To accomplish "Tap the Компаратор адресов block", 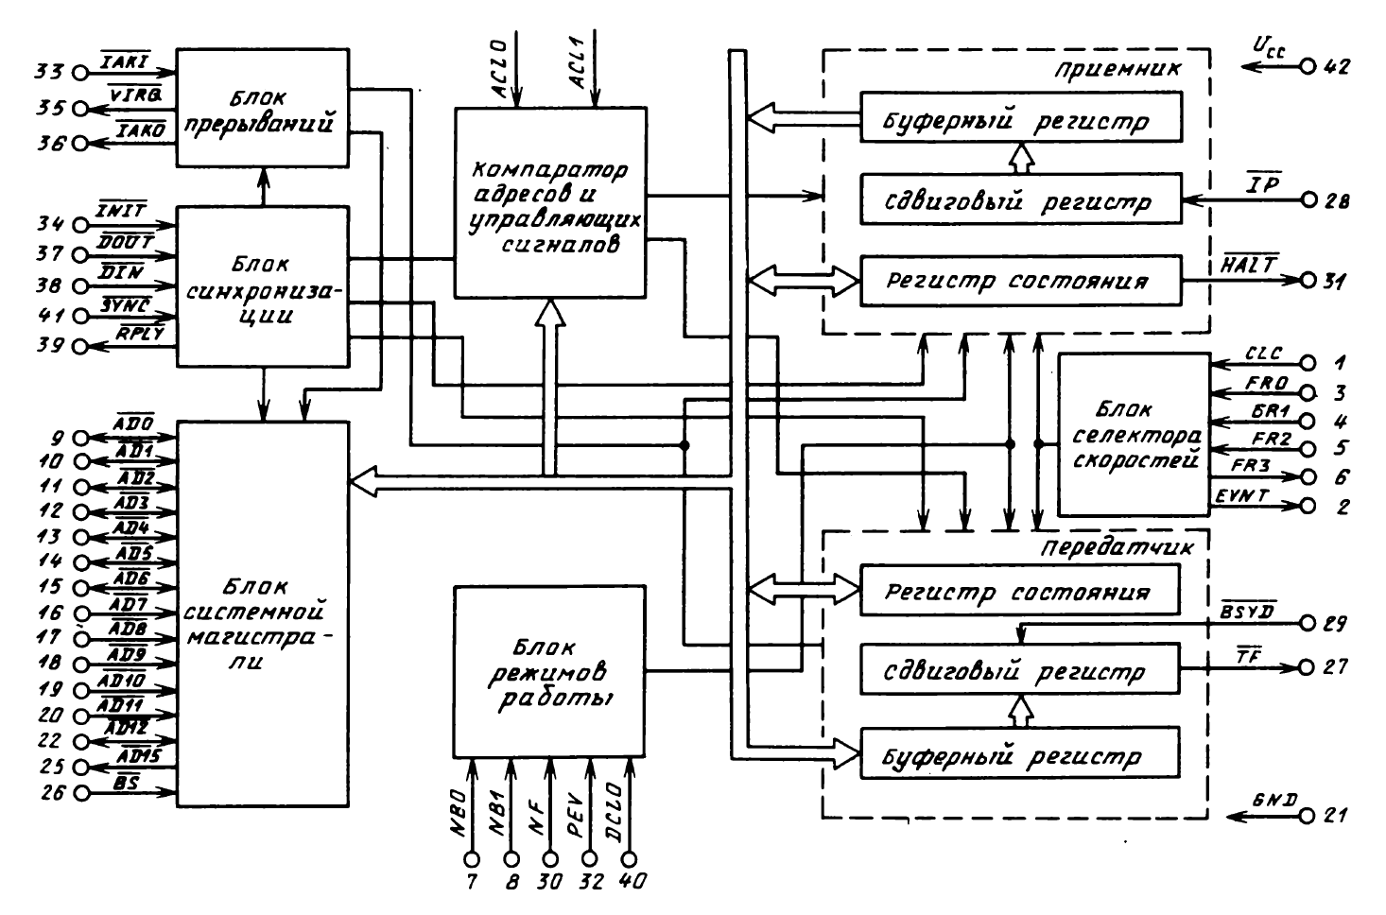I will pos(550,203).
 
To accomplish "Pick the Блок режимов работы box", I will pos(548,672).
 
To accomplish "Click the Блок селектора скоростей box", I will pos(1134,435).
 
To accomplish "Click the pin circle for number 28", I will pos(1308,201).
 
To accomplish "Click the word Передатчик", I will pos(1117,547).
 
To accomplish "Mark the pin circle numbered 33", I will pos(79,72).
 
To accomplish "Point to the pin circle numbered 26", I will pos(79,792).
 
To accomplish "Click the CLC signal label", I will pos(1262,354).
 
